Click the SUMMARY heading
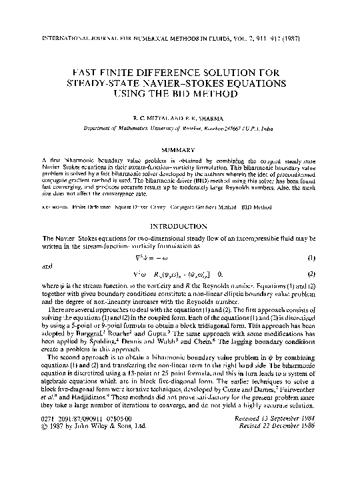pyautogui.click(x=181, y=150)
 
